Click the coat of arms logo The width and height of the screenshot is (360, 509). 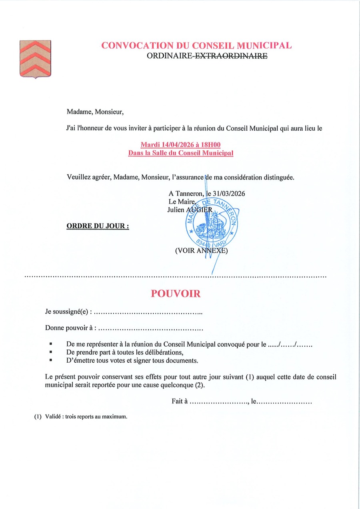(x=35, y=59)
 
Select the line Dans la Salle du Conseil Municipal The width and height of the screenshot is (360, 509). (x=180, y=153)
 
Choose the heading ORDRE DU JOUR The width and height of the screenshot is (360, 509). (x=98, y=226)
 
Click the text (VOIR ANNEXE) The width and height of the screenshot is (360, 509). (x=201, y=251)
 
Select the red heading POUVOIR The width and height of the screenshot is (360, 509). (x=176, y=294)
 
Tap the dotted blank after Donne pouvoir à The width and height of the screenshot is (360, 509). (x=151, y=329)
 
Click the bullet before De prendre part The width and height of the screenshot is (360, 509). (x=51, y=352)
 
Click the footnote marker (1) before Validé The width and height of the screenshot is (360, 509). (x=38, y=417)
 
